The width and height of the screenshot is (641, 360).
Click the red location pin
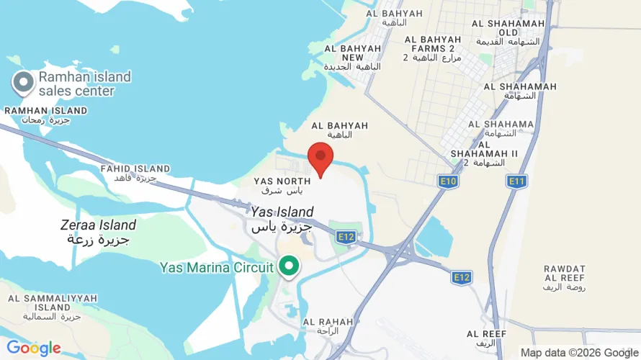coord(320,157)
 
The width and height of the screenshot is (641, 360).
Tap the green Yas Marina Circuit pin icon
coord(290,266)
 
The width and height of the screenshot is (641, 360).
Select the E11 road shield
coord(516,181)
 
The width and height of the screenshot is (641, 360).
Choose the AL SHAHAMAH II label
coord(484,153)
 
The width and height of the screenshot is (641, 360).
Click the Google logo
coord(33,348)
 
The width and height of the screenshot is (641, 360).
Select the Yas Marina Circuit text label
coord(216,268)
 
